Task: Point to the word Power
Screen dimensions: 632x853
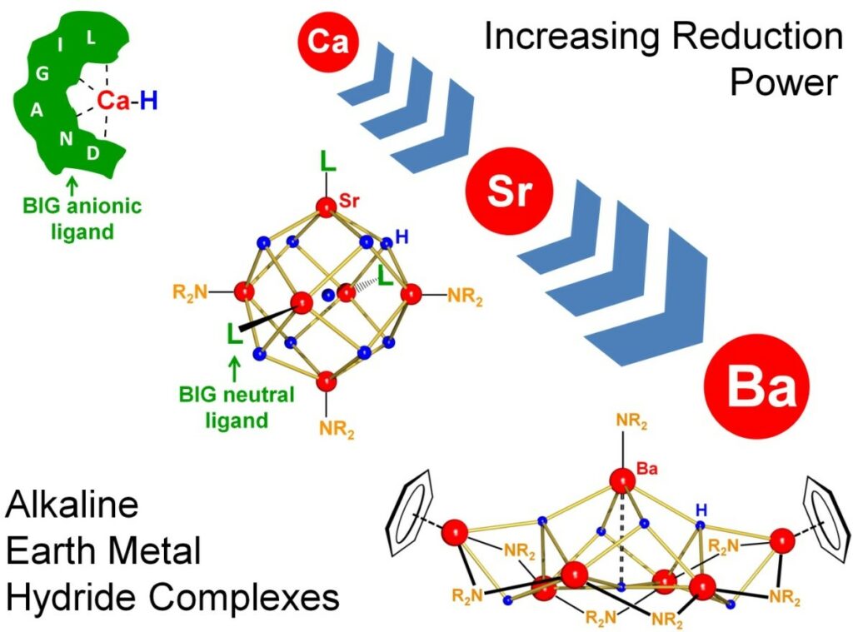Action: [x=783, y=83]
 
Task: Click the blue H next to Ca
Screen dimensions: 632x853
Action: [x=148, y=101]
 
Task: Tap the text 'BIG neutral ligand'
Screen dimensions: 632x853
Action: [x=237, y=406]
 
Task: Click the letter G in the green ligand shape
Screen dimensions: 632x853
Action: [x=42, y=73]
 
